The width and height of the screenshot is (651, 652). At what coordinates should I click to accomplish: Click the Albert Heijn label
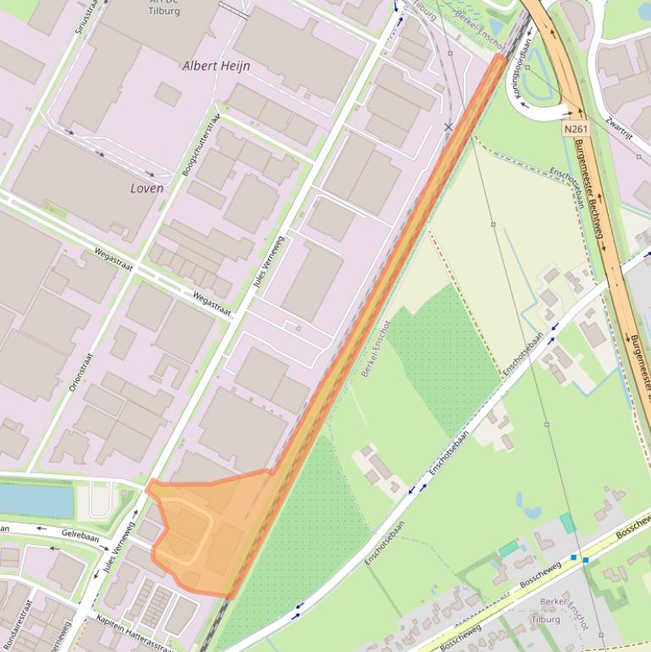click(216, 65)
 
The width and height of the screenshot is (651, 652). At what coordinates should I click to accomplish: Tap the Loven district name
click(146, 188)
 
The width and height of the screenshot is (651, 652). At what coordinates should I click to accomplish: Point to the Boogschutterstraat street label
click(201, 145)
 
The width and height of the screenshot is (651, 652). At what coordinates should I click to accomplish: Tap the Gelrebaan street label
click(80, 535)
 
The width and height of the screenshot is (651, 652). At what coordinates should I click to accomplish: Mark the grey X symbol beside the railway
click(449, 127)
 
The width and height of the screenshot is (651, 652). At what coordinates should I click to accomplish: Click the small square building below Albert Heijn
click(167, 94)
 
